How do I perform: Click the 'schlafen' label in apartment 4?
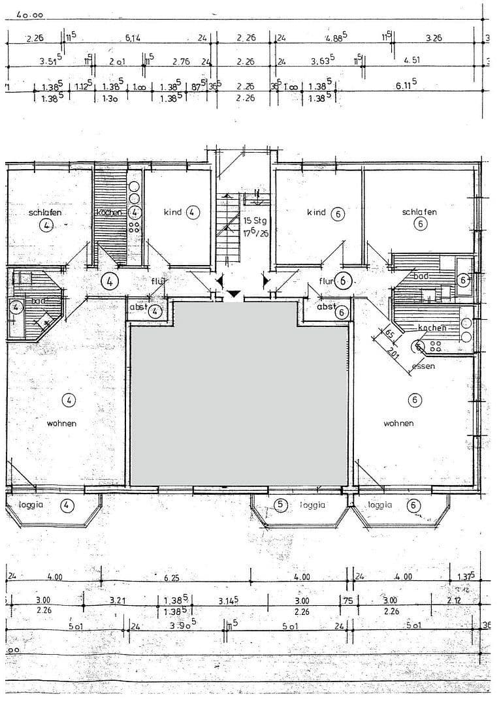[x=45, y=213]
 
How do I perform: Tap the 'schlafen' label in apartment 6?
[x=419, y=212]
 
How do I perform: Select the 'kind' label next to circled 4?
[x=172, y=212]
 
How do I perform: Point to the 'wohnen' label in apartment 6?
[x=398, y=424]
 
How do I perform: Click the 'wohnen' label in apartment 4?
[x=61, y=424]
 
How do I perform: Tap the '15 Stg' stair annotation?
[x=255, y=221]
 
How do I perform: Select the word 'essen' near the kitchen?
[x=423, y=367]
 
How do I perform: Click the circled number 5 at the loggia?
[x=280, y=505]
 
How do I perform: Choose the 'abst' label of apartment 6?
[x=326, y=307]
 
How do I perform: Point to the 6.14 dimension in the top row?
[x=133, y=39]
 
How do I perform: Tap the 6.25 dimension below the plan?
[x=171, y=578]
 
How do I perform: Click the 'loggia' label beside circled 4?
[x=31, y=505]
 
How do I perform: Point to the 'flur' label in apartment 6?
[x=326, y=281]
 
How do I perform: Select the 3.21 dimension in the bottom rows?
[x=118, y=601]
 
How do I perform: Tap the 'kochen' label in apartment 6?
[x=432, y=328]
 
